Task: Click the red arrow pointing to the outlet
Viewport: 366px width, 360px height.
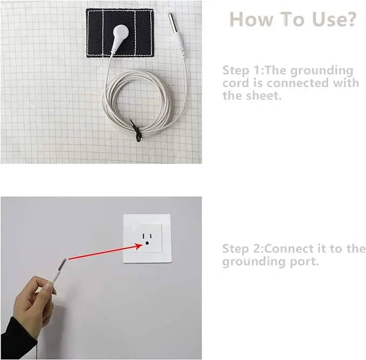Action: (x=102, y=252)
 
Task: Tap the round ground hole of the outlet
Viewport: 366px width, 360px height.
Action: (x=147, y=247)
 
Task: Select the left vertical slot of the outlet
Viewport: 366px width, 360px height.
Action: (x=143, y=237)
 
